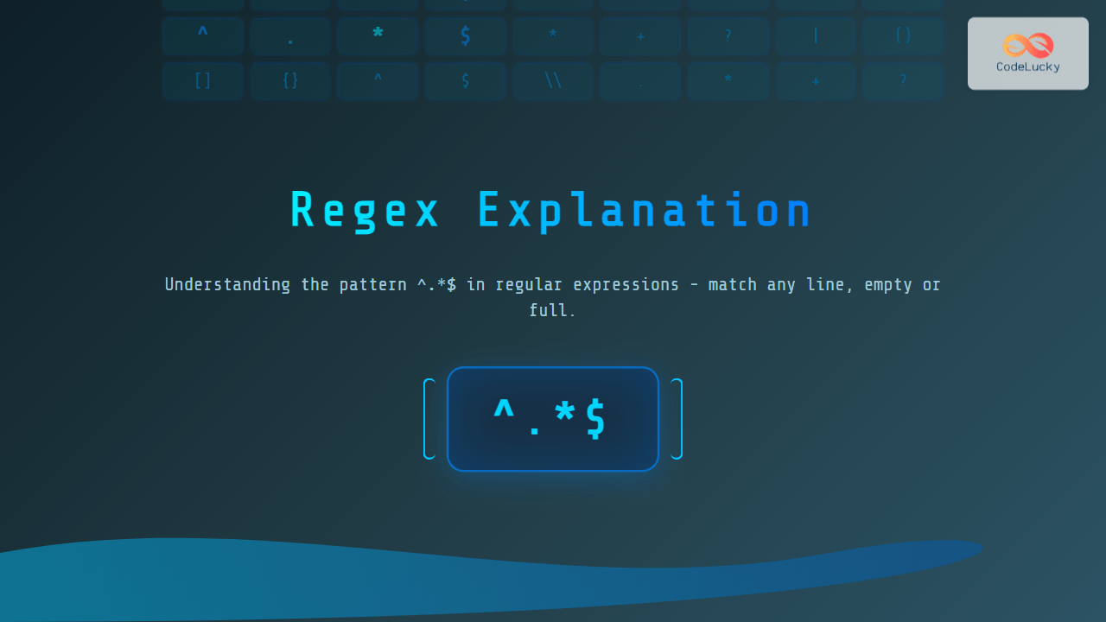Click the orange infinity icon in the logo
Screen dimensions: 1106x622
[x=1028, y=45]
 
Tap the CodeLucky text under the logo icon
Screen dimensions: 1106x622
[x=1028, y=67]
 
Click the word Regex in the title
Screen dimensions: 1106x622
[x=365, y=212]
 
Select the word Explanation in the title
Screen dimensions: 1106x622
[x=645, y=212]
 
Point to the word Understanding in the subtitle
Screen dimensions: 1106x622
[x=227, y=285]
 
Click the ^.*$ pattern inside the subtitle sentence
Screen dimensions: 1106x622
[x=436, y=284]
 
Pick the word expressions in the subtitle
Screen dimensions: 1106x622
[x=626, y=285]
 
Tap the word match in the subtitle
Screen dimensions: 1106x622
[x=732, y=284]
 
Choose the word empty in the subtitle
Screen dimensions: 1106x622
[x=887, y=285]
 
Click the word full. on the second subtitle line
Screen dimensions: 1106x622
[x=552, y=310]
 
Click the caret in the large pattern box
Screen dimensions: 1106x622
[x=504, y=409]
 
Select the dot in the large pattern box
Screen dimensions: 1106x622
[x=534, y=431]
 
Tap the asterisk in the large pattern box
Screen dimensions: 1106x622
[x=564, y=411]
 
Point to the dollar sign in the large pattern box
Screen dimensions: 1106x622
[x=595, y=419]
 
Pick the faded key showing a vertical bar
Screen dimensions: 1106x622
[x=815, y=35]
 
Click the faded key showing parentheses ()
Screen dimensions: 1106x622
[x=903, y=35]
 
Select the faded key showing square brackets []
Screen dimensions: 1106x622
[x=202, y=80]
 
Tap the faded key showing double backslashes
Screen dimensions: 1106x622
[x=553, y=80]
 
